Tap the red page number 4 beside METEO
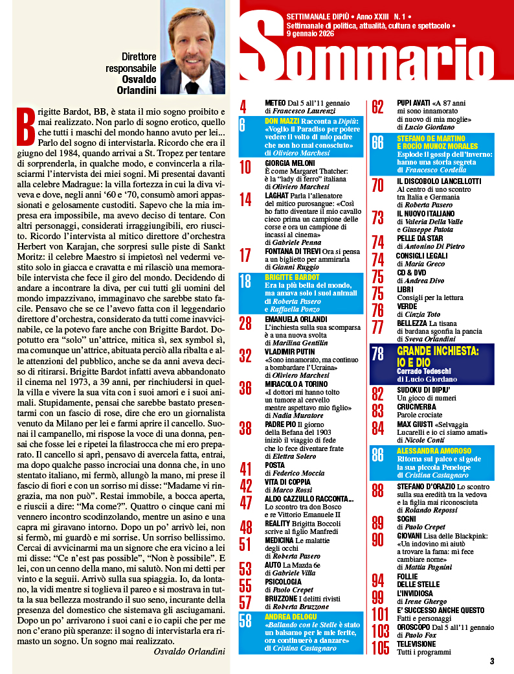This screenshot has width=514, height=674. [243, 107]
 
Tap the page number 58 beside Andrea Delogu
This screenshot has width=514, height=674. [246, 621]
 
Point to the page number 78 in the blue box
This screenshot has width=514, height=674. [378, 353]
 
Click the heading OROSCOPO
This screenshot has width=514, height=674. [417, 627]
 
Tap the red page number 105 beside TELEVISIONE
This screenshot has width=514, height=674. [381, 648]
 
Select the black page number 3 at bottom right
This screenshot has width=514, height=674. [492, 662]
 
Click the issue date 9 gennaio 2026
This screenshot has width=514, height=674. [309, 34]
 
